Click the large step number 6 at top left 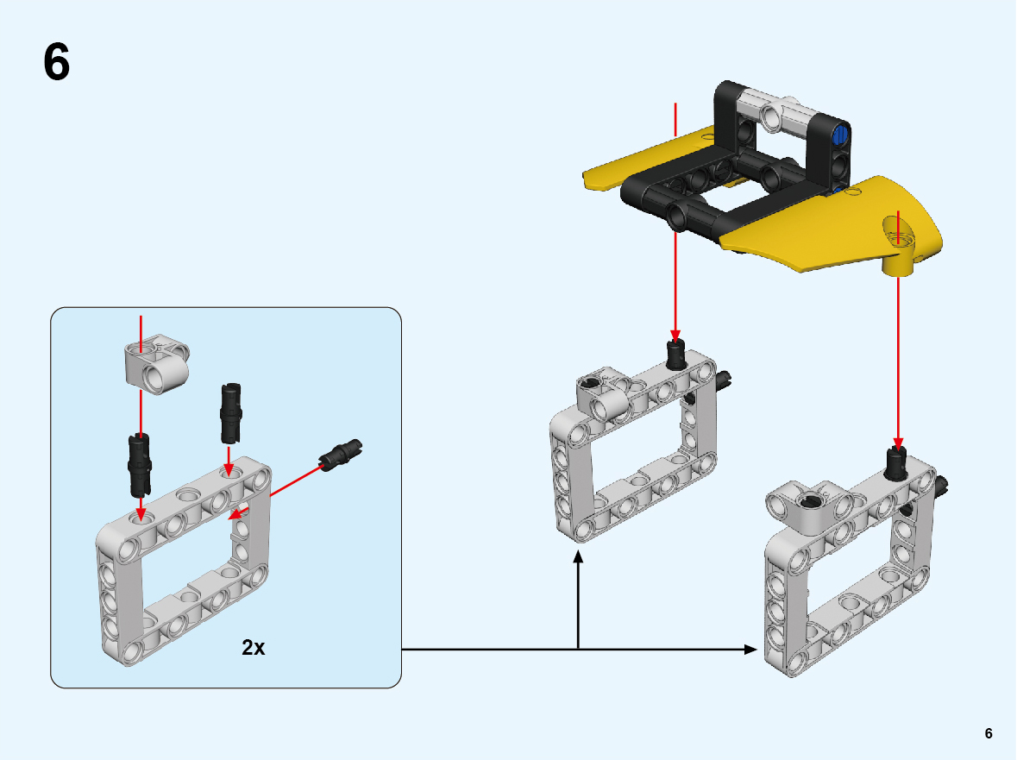point(56,62)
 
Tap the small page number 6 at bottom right point(989,732)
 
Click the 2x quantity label point(253,647)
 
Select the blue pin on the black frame point(839,135)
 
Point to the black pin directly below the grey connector point(140,463)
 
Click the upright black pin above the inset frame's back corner point(231,413)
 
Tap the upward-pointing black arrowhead point(578,557)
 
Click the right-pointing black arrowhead point(750,649)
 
